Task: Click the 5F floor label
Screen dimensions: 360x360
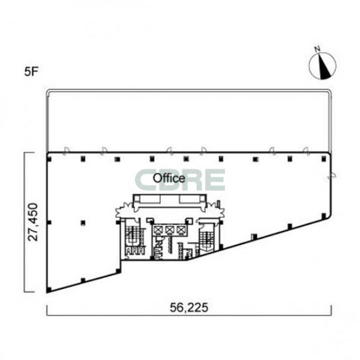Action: tap(30, 72)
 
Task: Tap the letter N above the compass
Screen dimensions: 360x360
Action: tap(318, 49)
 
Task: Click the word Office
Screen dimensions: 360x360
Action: tap(169, 178)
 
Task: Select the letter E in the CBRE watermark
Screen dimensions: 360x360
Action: tap(213, 180)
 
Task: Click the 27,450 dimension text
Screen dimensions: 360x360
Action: tap(32, 222)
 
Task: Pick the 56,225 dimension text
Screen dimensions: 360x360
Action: tap(189, 308)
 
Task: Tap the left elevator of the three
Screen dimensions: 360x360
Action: tap(158, 230)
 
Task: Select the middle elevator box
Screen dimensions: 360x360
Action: tap(170, 230)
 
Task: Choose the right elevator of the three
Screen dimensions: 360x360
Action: tap(181, 230)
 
